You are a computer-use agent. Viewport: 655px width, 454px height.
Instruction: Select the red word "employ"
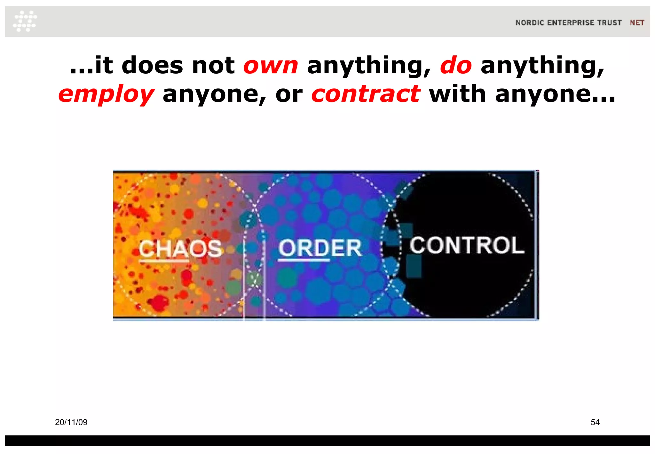[107, 94]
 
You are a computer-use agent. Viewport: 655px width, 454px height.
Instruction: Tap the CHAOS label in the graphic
[180, 249]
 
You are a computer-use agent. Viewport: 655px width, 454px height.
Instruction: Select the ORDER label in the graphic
[320, 248]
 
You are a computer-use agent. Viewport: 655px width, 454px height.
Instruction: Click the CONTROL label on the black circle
[467, 245]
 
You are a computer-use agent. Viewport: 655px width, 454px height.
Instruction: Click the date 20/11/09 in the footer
[71, 422]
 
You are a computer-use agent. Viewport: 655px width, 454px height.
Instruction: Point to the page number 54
[595, 422]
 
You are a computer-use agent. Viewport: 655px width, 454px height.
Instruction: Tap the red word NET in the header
[637, 23]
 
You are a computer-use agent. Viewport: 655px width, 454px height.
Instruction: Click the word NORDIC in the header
[530, 23]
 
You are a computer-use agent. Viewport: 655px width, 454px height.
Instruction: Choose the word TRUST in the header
[610, 23]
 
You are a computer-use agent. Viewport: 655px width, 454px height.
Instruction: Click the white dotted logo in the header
[25, 21]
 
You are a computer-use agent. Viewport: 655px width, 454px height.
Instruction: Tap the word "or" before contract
[289, 94]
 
